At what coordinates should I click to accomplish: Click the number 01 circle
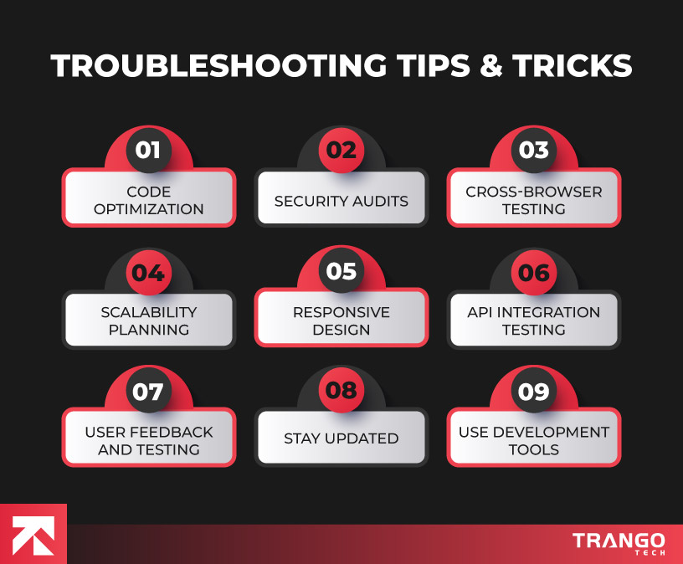click(148, 151)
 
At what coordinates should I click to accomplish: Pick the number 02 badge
click(341, 151)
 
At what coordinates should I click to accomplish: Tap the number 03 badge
click(534, 151)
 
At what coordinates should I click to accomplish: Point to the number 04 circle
click(148, 272)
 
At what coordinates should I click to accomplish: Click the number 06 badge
click(534, 272)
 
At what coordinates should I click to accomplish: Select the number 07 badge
click(148, 392)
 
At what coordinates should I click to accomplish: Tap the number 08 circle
click(341, 392)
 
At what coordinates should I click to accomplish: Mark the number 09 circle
click(534, 392)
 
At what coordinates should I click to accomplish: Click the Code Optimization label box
click(149, 199)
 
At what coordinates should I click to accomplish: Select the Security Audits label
click(341, 201)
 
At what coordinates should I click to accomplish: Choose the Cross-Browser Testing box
click(534, 199)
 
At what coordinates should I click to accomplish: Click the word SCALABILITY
click(149, 312)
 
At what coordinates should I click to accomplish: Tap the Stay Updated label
click(341, 438)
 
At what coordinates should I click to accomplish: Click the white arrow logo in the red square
click(33, 534)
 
